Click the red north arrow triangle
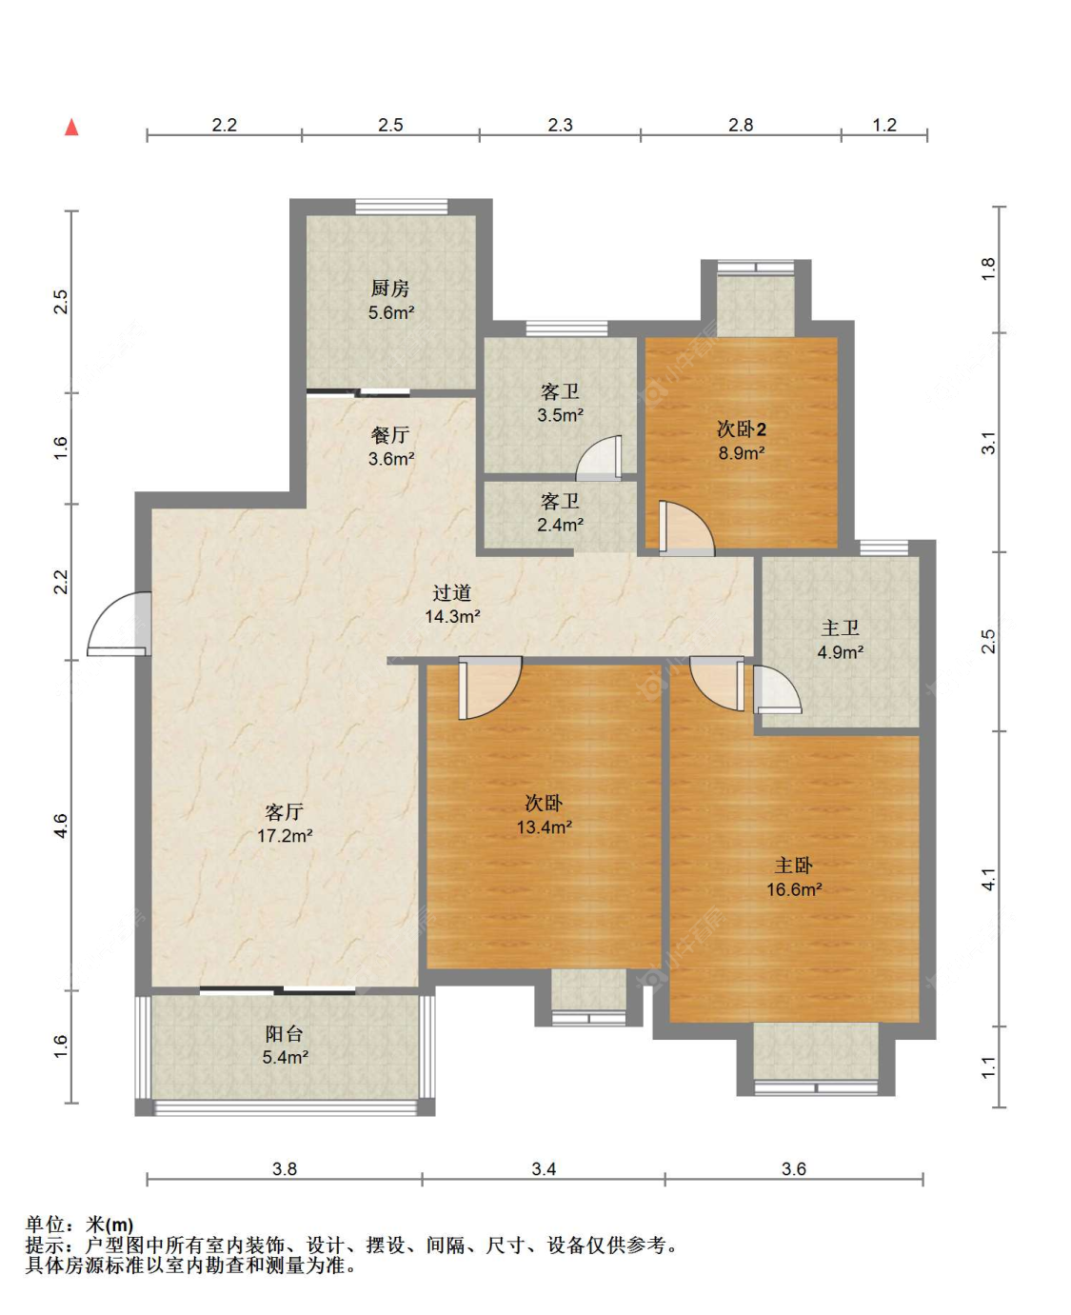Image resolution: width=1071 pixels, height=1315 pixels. tap(71, 127)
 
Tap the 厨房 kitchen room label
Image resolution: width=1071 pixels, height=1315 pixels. tap(390, 289)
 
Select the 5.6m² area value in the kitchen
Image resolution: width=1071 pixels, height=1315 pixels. tap(390, 312)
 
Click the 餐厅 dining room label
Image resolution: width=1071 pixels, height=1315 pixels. tap(390, 435)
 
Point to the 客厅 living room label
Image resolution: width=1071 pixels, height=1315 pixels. tap(284, 812)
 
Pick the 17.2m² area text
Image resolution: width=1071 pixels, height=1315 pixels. tap(285, 836)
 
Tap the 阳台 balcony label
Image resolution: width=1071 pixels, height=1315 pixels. tap(284, 1034)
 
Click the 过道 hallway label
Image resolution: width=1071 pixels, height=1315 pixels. tap(452, 592)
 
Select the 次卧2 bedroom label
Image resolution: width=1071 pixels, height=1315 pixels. tap(742, 429)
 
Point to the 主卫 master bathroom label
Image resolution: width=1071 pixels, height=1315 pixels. tap(840, 628)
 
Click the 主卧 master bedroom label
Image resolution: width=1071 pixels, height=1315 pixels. tap(794, 865)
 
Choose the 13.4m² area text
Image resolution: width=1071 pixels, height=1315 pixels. tap(544, 827)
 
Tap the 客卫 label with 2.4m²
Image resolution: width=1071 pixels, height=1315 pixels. tap(560, 501)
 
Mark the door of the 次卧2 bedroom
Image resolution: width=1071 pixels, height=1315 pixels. tap(686, 528)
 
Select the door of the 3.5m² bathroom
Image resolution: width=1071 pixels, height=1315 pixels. tap(599, 458)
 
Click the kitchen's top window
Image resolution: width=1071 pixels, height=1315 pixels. tap(401, 207)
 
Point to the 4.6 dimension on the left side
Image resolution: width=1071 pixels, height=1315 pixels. tap(60, 827)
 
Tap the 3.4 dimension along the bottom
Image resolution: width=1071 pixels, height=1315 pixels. tap(544, 1168)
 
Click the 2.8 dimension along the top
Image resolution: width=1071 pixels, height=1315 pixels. tap(741, 126)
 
